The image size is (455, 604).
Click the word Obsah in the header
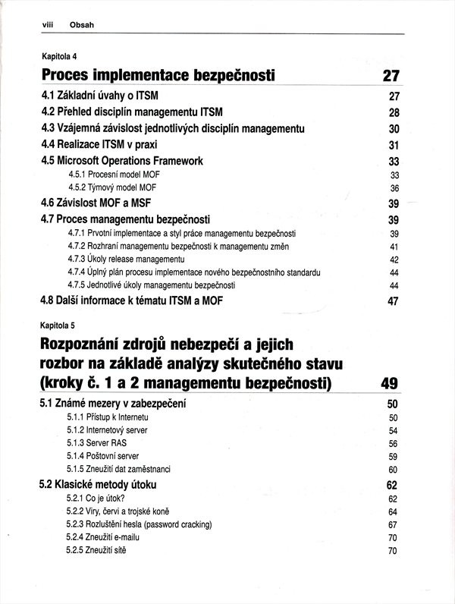click(81, 25)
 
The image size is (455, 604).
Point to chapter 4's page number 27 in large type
click(390, 76)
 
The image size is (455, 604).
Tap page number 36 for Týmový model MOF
click(394, 188)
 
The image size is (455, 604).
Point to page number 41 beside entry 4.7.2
click(394, 247)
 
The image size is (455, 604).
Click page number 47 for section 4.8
click(393, 301)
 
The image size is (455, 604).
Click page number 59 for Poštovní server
click(393, 457)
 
